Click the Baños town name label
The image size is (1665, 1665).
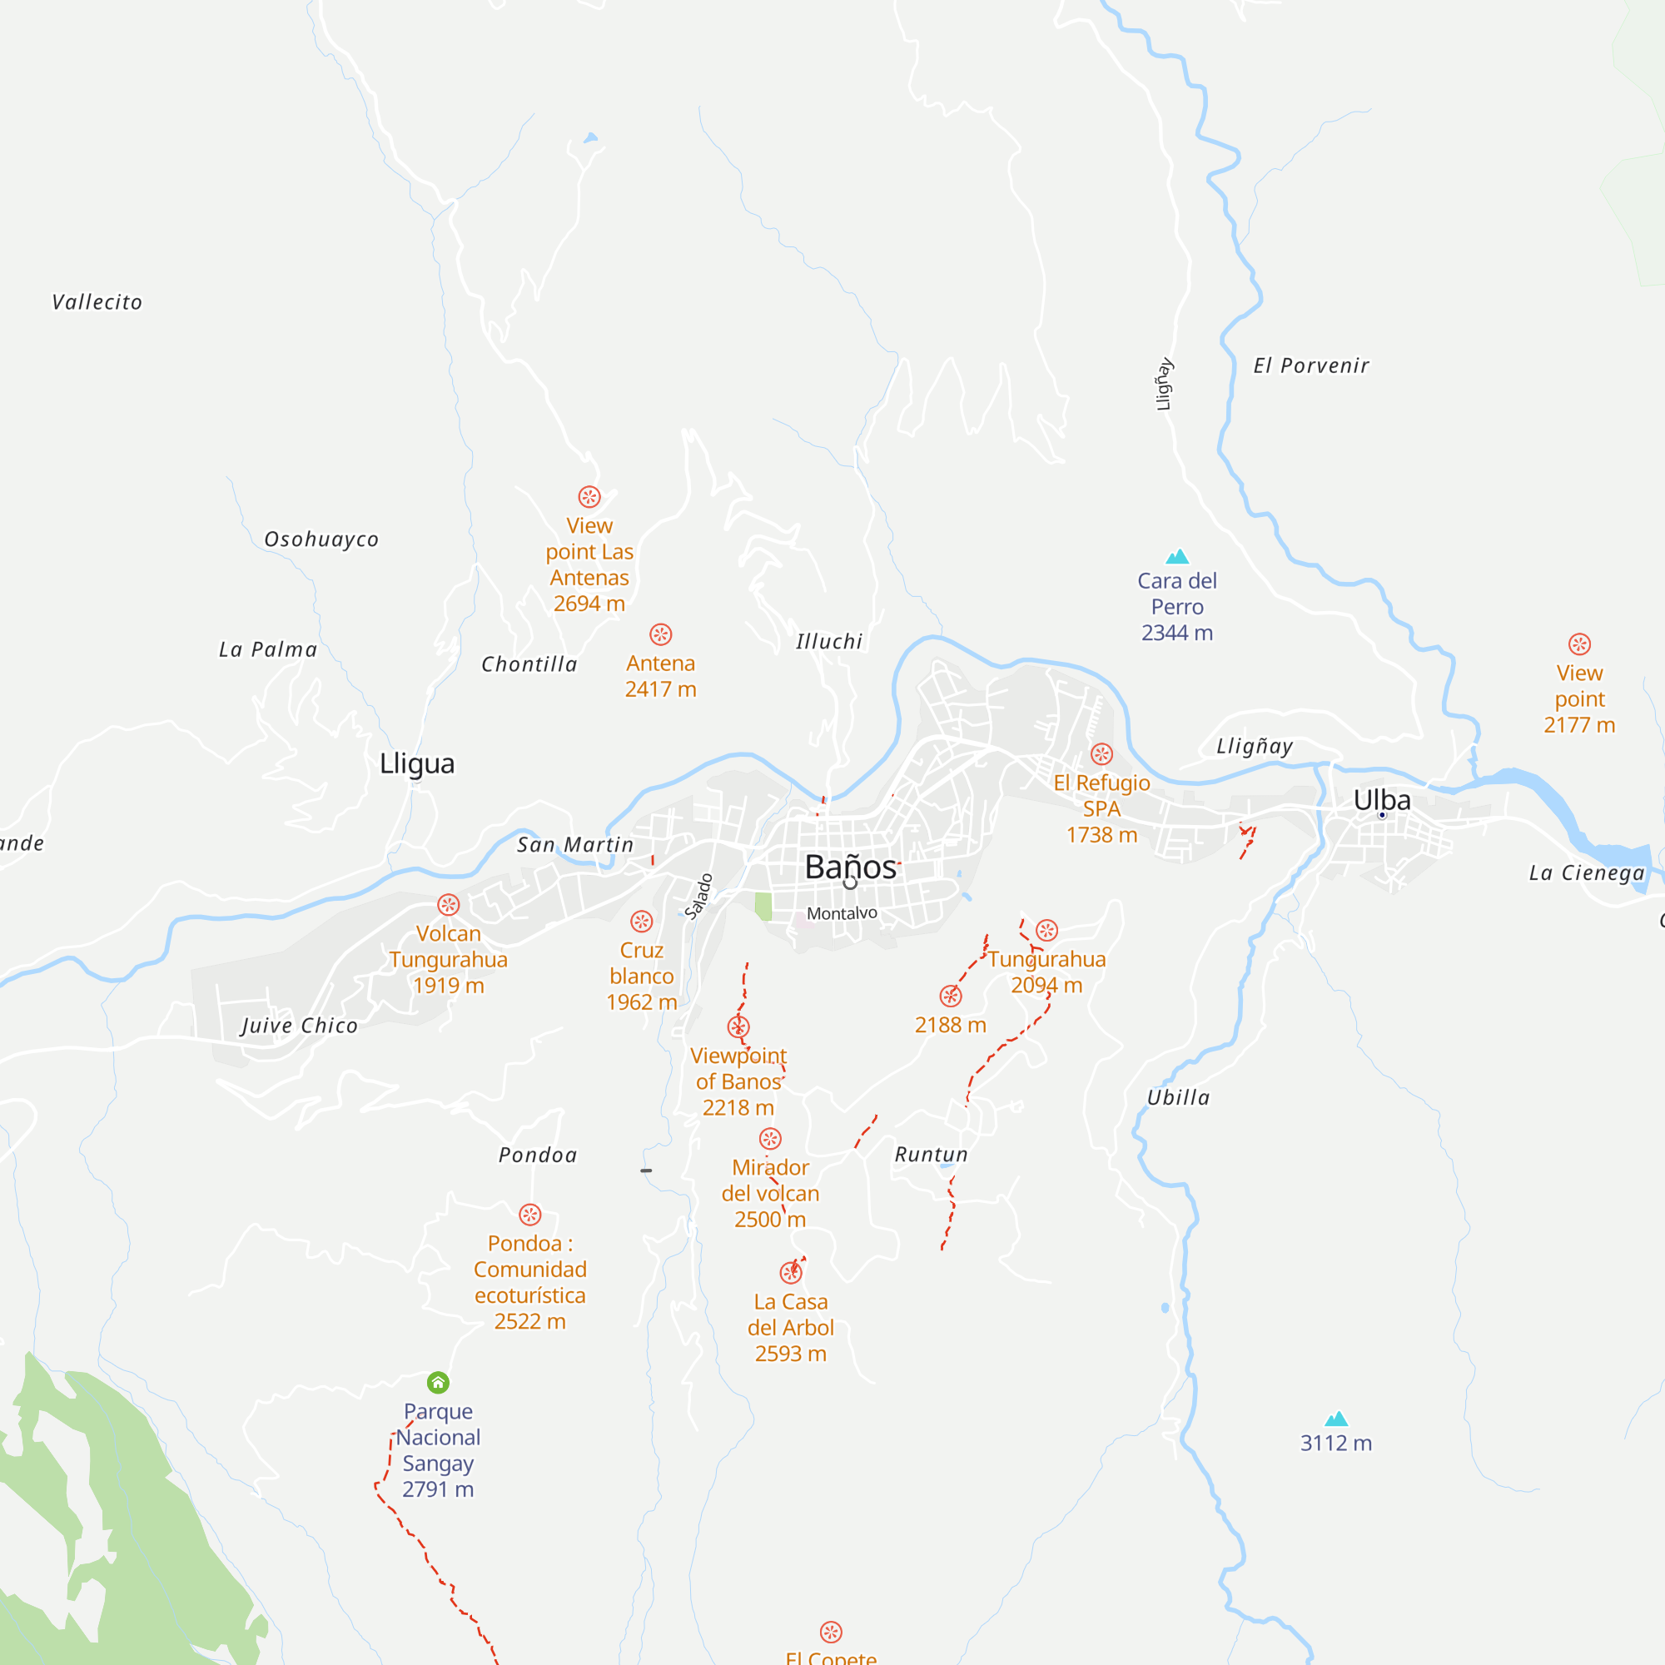[850, 867]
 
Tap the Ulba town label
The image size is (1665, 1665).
[1381, 800]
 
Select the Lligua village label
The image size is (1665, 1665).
[417, 763]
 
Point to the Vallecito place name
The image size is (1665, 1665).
[97, 302]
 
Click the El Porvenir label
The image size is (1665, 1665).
[1311, 365]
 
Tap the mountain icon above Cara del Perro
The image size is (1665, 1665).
[1177, 557]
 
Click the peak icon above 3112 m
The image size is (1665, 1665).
[1336, 1419]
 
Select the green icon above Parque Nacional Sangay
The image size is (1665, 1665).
[438, 1382]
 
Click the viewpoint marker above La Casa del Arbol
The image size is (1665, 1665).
[790, 1272]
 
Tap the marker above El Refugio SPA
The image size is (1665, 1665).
[1101, 754]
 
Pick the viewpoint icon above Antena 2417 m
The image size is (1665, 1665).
[660, 634]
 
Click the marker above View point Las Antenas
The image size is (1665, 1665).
[589, 496]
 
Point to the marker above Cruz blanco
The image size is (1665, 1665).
[641, 922]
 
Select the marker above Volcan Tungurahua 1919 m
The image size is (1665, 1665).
[448, 904]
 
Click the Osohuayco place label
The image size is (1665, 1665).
[321, 539]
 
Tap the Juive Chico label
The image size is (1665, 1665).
[299, 1026]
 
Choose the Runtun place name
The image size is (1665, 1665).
[931, 1154]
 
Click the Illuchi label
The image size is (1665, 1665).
[829, 642]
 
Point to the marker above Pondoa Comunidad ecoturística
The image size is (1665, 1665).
[530, 1215]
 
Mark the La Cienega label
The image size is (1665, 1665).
[1587, 873]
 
